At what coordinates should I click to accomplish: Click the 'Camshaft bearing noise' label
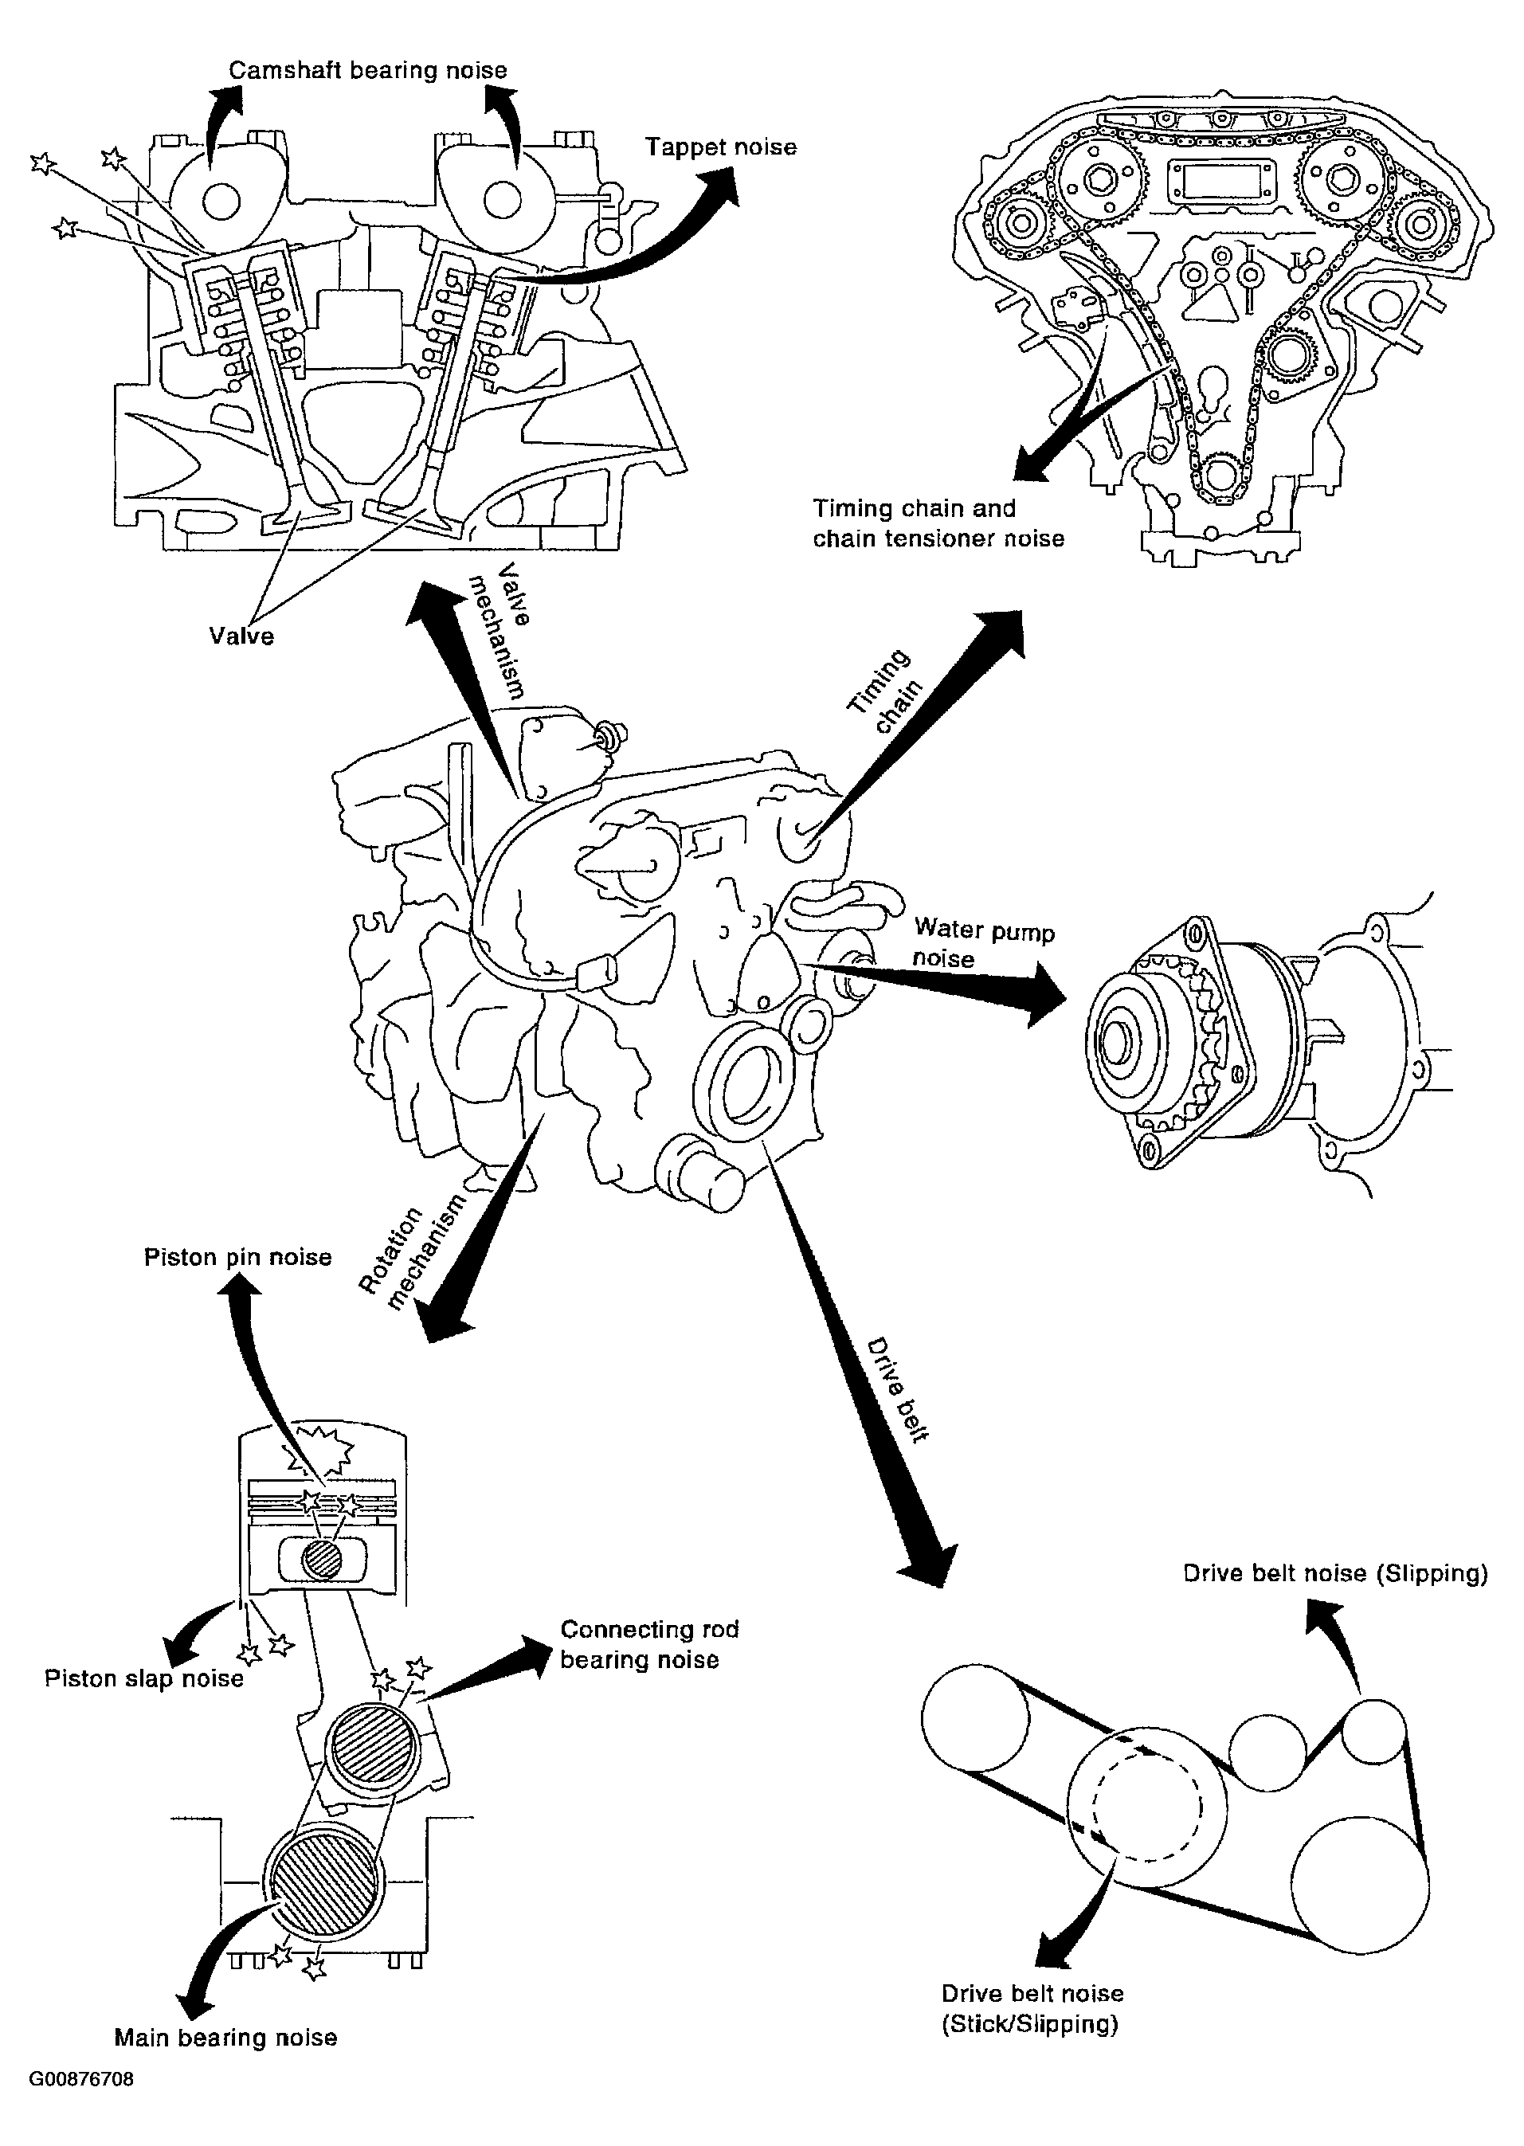368,70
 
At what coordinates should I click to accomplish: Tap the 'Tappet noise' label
721,147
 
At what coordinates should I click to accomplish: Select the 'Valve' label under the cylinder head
241,636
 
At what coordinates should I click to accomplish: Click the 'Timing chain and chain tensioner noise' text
938,523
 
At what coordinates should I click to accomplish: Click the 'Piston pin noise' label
237,1257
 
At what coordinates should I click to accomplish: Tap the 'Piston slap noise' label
143,1678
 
